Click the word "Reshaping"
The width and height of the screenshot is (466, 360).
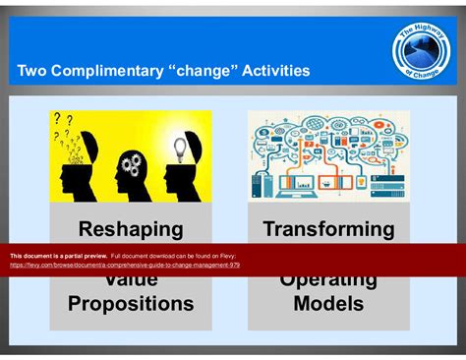point(131,230)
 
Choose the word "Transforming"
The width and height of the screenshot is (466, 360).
point(328,230)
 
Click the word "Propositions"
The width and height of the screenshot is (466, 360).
point(131,304)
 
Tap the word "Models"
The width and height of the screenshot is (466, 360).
point(328,304)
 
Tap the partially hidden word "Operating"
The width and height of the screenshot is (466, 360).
point(328,279)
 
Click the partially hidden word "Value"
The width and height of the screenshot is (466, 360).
point(131,279)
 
